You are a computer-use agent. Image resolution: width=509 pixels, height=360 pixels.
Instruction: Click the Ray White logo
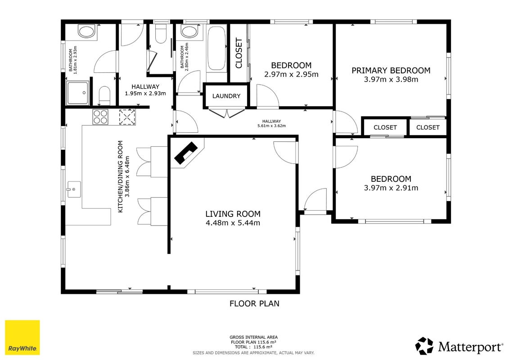23,337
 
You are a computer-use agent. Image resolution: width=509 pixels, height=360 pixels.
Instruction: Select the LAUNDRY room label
226,96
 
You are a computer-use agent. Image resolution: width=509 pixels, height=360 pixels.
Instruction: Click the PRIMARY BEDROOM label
391,71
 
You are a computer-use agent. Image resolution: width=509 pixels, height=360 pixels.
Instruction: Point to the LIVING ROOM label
233,214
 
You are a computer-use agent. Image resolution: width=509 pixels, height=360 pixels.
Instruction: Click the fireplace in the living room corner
186,153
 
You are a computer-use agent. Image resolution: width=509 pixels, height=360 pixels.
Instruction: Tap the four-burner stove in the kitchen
100,117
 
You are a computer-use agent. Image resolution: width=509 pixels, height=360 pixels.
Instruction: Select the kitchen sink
73,189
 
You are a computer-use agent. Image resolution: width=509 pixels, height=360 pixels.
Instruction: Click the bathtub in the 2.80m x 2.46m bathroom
216,48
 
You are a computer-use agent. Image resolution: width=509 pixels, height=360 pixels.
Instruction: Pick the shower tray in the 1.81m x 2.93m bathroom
77,93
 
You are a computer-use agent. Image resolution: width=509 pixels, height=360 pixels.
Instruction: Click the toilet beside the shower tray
104,95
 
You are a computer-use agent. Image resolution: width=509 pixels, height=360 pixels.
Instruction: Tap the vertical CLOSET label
239,53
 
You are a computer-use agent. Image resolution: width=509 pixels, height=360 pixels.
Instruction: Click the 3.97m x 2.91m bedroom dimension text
391,188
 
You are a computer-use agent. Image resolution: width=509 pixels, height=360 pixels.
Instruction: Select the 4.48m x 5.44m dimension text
233,223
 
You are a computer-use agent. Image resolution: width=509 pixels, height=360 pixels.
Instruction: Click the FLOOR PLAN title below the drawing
254,303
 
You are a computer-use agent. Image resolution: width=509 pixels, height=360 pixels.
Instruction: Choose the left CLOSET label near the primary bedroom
385,127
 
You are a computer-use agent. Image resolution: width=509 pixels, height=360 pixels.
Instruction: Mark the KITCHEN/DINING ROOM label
121,176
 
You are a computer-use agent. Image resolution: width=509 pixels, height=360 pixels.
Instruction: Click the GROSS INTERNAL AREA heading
253,337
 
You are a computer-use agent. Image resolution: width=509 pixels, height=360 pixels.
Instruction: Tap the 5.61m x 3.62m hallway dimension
272,126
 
